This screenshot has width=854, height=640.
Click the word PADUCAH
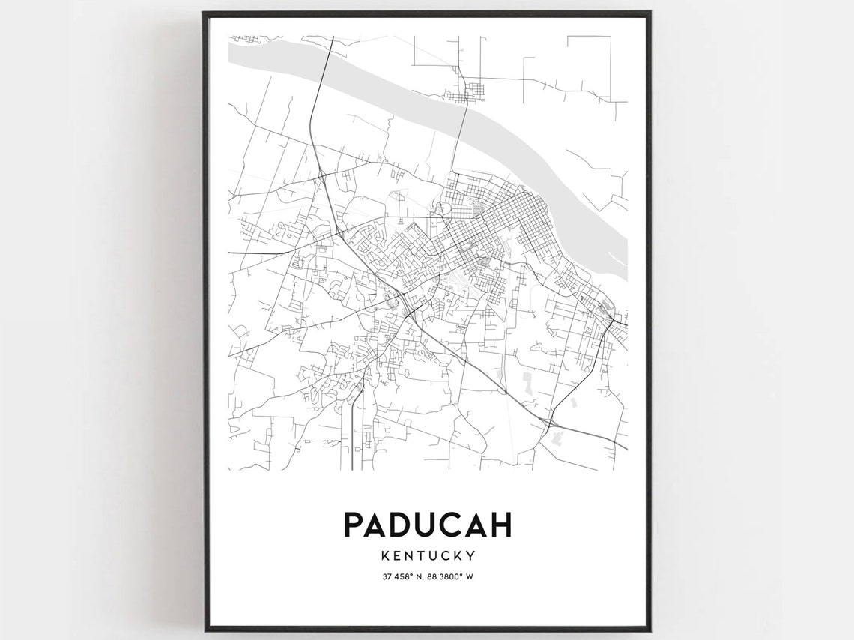[427, 525]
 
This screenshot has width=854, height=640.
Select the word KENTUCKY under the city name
[427, 556]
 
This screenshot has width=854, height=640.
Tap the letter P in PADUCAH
[354, 525]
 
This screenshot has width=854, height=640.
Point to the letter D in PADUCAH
[405, 525]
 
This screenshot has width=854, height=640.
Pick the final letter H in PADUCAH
[500, 525]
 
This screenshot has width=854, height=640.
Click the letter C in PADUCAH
[453, 525]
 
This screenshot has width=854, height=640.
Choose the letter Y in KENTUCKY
[470, 556]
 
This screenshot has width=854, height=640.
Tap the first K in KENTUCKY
[385, 556]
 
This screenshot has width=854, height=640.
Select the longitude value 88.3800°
[443, 576]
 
